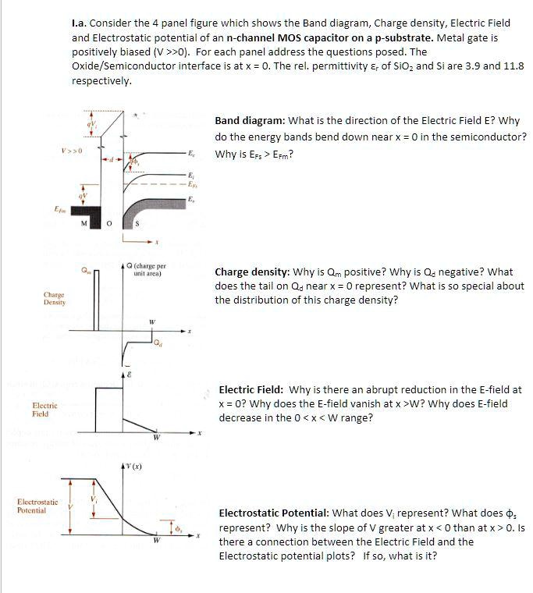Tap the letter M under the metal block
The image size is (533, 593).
pos(94,225)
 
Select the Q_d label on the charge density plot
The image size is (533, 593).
pos(158,341)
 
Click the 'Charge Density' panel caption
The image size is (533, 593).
pos(54,300)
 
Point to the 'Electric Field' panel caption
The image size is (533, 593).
pos(41,410)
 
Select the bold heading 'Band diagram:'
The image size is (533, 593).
pos(250,121)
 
